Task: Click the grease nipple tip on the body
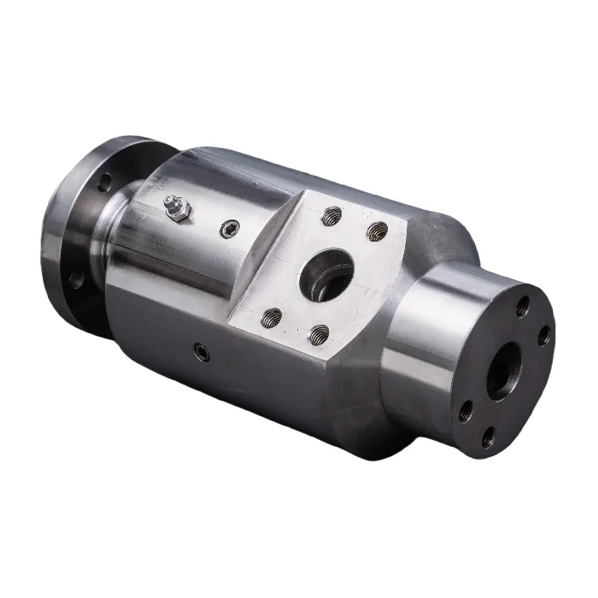click(168, 202)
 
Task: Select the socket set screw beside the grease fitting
click(227, 228)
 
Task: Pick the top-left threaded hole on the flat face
click(332, 217)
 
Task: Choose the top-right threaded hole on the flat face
click(377, 232)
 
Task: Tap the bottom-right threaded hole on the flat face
click(319, 335)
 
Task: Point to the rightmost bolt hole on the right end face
click(543, 337)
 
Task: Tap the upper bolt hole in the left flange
click(103, 181)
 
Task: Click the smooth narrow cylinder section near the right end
click(427, 342)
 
